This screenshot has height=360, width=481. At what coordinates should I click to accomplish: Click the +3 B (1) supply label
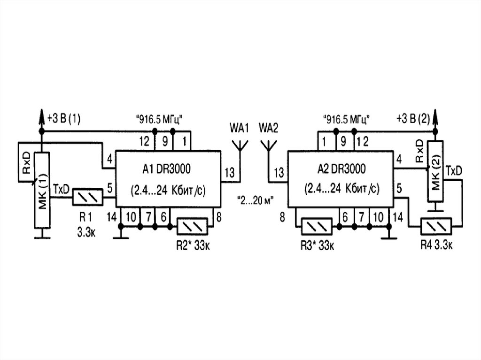tap(64, 119)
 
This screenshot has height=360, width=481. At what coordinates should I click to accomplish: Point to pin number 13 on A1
tap(229, 172)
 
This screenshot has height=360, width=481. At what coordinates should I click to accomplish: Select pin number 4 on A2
tap(399, 159)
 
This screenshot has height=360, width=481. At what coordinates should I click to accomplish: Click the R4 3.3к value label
tap(437, 245)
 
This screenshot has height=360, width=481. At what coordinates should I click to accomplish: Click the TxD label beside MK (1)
tap(62, 188)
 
